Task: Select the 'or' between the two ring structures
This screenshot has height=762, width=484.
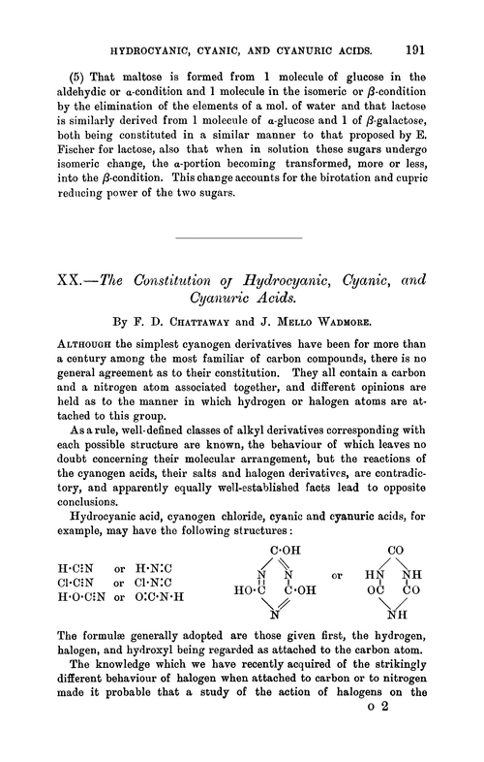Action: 339,575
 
